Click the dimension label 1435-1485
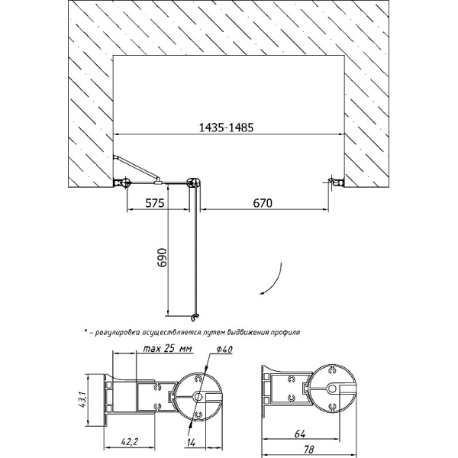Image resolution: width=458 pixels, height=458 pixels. (x=226, y=127)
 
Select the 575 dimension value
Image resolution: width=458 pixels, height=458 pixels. (x=155, y=203)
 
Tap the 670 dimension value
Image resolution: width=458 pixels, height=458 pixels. (x=263, y=203)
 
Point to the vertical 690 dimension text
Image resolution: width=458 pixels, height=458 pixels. (x=162, y=257)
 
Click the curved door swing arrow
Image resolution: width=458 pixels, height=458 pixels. (x=276, y=281)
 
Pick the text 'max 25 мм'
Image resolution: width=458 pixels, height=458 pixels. (x=167, y=349)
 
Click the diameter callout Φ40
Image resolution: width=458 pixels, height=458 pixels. (x=224, y=349)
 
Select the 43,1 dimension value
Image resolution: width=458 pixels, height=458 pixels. (x=81, y=400)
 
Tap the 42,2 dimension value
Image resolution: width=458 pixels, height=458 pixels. (x=129, y=442)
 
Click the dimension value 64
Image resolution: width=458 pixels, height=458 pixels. (x=300, y=434)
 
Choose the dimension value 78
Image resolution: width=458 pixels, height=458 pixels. (x=308, y=450)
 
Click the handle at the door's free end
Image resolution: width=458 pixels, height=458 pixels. (x=195, y=316)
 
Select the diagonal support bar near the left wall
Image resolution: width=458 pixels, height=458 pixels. (x=137, y=167)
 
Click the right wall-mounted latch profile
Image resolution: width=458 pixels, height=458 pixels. (x=336, y=182)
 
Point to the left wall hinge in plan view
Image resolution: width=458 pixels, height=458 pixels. (x=122, y=182)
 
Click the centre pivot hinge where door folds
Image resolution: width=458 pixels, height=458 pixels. (x=194, y=183)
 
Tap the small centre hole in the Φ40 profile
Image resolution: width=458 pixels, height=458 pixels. (x=198, y=396)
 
